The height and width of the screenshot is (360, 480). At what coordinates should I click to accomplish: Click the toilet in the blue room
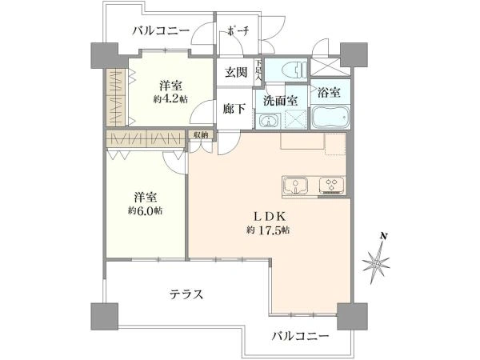(294, 70)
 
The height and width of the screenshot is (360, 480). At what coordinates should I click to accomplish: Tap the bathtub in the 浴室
(330, 118)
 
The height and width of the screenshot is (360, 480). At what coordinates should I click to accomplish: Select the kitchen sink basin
(296, 186)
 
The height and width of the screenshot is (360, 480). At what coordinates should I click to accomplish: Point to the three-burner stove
(331, 186)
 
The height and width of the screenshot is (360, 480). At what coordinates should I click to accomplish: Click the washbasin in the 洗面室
(269, 121)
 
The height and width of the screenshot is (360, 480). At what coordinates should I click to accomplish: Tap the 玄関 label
(236, 72)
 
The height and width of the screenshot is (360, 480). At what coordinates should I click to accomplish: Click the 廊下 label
(234, 109)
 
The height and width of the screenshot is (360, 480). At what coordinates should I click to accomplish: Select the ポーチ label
(238, 31)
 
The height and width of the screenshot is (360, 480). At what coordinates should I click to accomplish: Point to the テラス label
(186, 294)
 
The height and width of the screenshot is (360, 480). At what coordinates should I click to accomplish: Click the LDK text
(270, 217)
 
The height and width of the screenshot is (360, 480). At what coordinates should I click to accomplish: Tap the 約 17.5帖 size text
(268, 230)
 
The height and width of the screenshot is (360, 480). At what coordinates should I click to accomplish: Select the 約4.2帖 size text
(171, 99)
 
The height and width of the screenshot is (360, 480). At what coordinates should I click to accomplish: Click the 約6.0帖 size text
(146, 210)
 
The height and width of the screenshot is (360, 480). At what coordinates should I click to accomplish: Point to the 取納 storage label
(201, 134)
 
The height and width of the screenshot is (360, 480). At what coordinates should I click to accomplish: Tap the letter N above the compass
(383, 236)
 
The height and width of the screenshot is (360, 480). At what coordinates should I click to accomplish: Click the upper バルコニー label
(161, 31)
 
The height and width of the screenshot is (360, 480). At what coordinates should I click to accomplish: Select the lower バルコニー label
(301, 337)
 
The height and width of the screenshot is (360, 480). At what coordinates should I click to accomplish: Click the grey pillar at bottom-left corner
(104, 316)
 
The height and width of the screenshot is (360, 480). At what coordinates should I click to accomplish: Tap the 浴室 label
(329, 93)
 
